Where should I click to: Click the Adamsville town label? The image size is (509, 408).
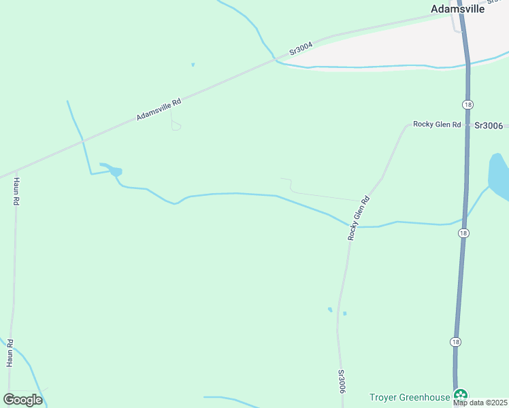point(457,10)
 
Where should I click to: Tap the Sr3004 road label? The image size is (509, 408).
point(300,48)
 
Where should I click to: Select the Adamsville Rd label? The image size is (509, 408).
point(159,109)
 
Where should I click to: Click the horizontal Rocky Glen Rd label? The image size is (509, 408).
point(437,125)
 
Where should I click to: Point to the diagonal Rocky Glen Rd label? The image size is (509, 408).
point(358,218)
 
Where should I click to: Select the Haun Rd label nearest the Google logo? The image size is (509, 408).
point(10,353)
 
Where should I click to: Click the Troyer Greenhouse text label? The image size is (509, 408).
point(410,397)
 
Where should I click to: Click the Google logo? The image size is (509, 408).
point(22,400)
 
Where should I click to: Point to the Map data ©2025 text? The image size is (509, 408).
point(480,403)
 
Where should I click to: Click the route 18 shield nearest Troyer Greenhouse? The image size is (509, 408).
point(455,341)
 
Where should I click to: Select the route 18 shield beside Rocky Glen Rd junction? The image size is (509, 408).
point(467,104)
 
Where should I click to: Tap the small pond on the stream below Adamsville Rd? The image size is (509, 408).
point(116,171)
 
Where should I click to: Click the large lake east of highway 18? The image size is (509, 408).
point(499,175)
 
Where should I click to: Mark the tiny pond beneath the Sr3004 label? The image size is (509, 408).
point(193,65)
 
